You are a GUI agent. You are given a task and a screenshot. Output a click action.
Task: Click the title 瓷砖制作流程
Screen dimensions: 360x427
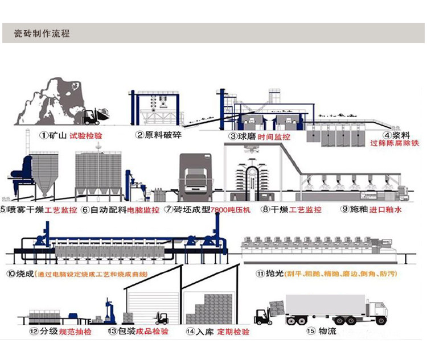tap(42, 34)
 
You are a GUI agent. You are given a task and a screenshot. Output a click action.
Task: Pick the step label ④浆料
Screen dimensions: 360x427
tap(395, 135)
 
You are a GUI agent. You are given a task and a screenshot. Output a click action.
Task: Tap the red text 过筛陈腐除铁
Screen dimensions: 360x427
tap(395, 144)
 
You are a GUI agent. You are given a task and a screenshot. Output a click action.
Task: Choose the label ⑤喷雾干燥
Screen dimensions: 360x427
tap(22, 209)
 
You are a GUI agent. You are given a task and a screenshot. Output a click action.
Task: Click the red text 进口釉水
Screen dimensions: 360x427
tap(387, 209)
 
